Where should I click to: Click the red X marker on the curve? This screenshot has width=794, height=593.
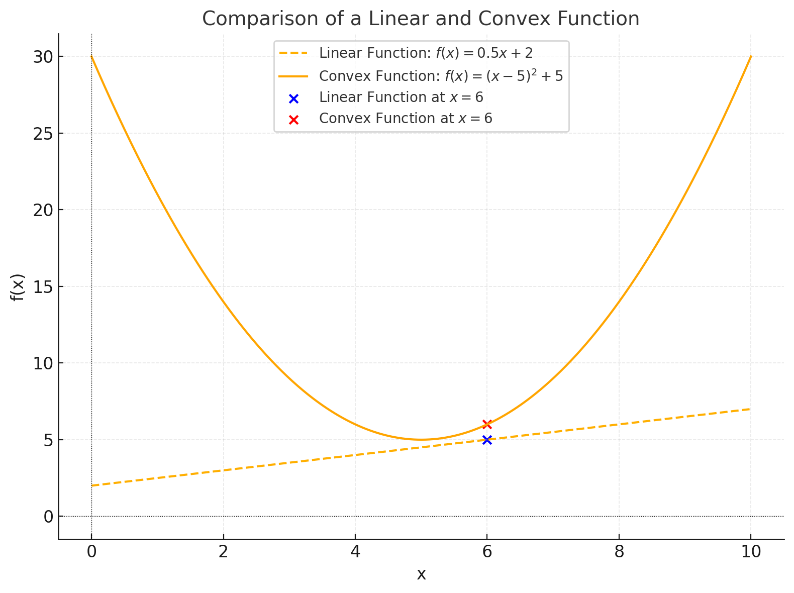coord(486,424)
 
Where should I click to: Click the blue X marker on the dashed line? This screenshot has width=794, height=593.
coord(486,440)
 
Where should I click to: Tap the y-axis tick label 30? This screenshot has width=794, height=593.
coord(43,57)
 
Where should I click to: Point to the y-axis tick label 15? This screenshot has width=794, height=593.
coord(43,286)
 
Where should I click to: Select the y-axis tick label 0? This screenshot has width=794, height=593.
coord(48,517)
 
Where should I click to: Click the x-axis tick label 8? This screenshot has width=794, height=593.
coord(619,552)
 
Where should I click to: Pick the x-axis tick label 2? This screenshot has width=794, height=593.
coord(223,552)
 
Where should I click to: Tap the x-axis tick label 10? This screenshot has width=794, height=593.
coord(750,552)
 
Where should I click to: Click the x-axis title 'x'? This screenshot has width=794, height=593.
coord(421,574)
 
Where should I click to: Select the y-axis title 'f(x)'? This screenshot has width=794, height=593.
coord(18,287)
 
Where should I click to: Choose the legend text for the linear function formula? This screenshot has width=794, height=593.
coord(426,53)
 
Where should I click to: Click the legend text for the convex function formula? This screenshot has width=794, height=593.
coord(441,76)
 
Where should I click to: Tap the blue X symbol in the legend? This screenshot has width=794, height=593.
coord(294,99)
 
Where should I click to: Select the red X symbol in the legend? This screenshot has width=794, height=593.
coord(294,120)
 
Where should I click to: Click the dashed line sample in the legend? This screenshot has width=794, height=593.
coord(294,53)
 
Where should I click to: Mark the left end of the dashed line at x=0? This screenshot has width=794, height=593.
coord(92,485)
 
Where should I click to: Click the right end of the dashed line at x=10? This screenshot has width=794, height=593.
coord(750,409)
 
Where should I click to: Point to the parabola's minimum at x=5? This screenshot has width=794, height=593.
coord(421,440)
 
